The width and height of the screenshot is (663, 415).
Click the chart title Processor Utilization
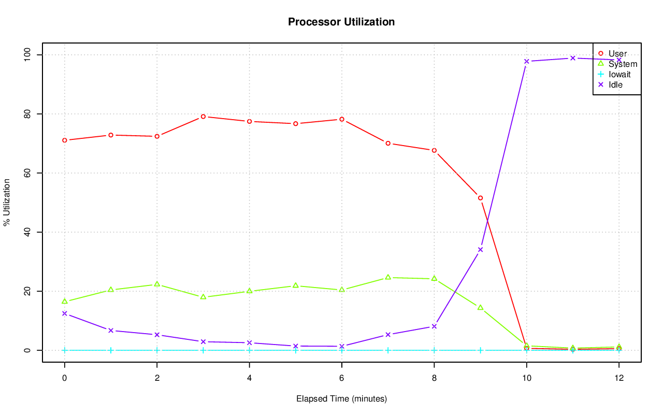[x=341, y=22]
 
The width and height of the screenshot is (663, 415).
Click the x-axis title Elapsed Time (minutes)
[x=341, y=399]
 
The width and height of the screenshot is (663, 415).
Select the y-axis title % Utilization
[x=7, y=202]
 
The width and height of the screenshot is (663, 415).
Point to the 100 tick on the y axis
[x=30, y=54]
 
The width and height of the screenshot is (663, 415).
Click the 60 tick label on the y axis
[x=30, y=173]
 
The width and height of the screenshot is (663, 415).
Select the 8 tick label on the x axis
[x=434, y=378]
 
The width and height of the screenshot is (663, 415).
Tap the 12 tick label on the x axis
[x=618, y=378]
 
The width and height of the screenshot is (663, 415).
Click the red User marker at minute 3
[x=203, y=117]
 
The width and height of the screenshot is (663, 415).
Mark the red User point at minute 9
[x=480, y=198]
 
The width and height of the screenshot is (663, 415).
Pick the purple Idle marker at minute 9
[x=480, y=249]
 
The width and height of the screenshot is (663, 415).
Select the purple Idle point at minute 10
[x=526, y=61]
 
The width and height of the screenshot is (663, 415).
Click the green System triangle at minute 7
[x=388, y=277]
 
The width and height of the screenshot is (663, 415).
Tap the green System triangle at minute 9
[x=480, y=307]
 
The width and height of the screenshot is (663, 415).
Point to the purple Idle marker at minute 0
[x=64, y=313]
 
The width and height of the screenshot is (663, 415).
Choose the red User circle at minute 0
[x=64, y=140]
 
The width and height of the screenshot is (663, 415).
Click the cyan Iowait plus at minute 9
[x=480, y=350]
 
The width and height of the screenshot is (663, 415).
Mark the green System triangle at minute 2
[x=157, y=284]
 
